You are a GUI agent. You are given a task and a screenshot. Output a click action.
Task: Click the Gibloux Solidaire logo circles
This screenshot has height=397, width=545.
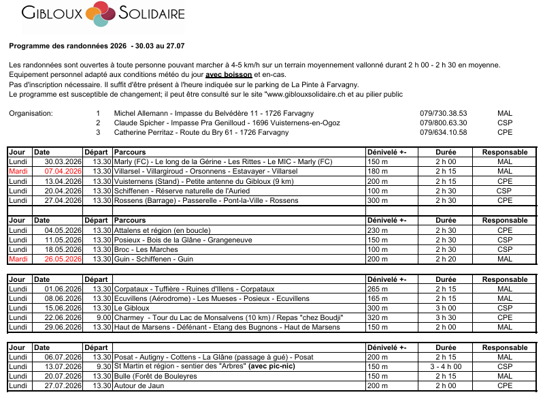pos(99,14)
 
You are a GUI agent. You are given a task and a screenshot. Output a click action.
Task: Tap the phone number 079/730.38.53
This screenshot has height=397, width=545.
pos(443,113)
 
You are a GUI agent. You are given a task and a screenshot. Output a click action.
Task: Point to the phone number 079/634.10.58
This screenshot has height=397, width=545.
pos(443,132)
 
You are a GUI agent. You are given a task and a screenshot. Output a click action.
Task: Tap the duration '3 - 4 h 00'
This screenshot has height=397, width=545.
pos(446,366)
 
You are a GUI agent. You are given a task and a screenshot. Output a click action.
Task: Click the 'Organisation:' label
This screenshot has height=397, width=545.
pos(31,113)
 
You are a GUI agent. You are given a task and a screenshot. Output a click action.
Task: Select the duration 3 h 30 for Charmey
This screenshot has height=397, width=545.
pos(446,317)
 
